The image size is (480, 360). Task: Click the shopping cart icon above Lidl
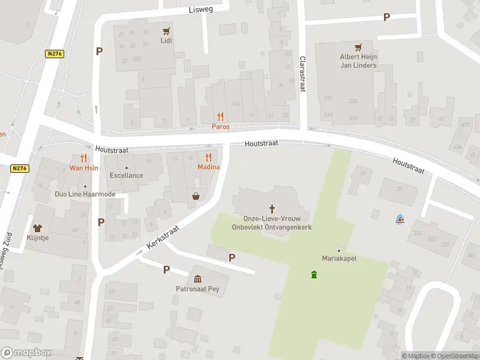coord(166,31)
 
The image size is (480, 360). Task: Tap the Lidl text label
coord(166,41)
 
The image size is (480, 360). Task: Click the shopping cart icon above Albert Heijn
coord(358,47)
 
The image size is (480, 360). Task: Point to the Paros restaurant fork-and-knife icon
coord(220,116)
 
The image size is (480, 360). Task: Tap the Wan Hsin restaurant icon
coord(84,158)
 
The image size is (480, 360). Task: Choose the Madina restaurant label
coord(209,167)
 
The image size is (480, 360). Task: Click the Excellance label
coord(126,175)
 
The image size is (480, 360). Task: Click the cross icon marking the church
coord(272,209)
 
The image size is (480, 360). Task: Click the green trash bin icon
coord(314,275)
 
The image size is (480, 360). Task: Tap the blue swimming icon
coord(400,219)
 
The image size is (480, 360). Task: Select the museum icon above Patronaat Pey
coord(198,278)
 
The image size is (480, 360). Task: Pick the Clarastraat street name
coord(302,74)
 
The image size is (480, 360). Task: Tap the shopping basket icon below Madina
coord(196,196)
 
